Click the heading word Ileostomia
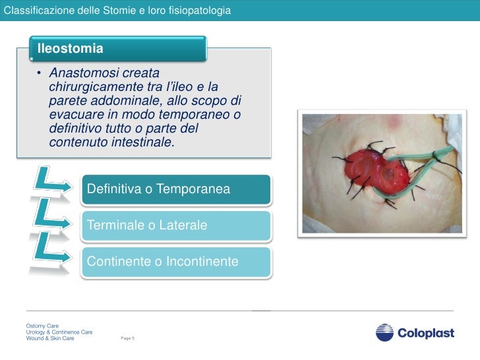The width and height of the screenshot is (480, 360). [71, 48]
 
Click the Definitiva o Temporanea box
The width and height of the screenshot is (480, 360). [175, 189]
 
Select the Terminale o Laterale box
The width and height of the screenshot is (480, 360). [175, 225]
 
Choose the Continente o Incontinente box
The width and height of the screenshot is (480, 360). [175, 262]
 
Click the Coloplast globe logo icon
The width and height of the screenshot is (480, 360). [384, 333]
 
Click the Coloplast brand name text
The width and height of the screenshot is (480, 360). [425, 334]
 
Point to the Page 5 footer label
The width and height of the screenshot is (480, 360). [127, 338]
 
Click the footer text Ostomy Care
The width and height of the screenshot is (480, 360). [43, 326]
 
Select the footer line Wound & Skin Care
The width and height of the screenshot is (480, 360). [50, 338]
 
